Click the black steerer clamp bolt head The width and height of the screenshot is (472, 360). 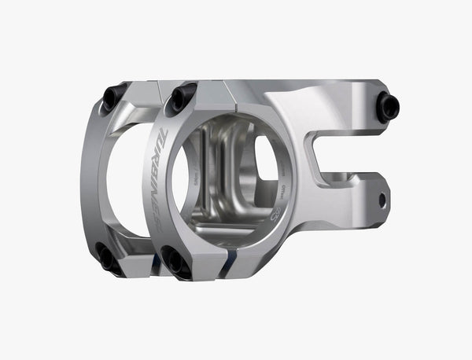(x=387, y=107)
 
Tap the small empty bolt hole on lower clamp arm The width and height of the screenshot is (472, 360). (x=382, y=200)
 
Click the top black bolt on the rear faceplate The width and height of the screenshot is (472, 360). (x=113, y=97)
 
